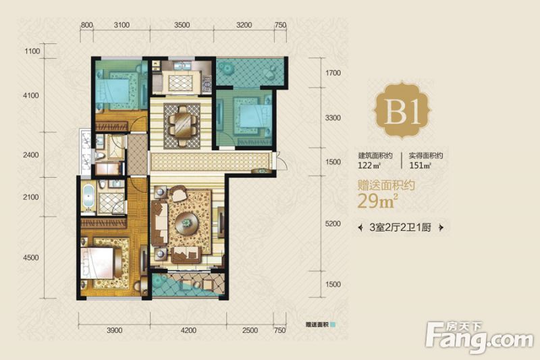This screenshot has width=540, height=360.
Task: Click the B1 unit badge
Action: (402, 111)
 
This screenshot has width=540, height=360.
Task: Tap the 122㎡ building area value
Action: (369, 165)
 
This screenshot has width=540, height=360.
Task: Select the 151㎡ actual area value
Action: (420, 165)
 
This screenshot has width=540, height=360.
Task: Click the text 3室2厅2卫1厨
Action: (400, 228)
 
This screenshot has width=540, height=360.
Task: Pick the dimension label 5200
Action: (333, 224)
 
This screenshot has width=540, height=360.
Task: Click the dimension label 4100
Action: (31, 96)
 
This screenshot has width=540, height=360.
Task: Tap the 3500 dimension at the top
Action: (182, 25)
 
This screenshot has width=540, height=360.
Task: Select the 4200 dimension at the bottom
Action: (188, 330)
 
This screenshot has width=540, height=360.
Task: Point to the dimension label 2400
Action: (31, 155)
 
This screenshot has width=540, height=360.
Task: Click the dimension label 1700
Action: (333, 73)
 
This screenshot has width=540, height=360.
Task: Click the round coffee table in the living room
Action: (187, 224)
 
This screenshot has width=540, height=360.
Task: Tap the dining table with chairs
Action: (182, 125)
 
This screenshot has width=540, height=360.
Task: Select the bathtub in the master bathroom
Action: (89, 197)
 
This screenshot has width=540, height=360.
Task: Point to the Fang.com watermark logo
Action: (479, 337)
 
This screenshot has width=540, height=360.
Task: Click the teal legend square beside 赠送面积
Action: (332, 324)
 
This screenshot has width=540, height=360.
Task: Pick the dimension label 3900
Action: (114, 330)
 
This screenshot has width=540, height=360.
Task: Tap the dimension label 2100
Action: (31, 197)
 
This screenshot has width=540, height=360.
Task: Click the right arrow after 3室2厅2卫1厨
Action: (441, 228)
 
